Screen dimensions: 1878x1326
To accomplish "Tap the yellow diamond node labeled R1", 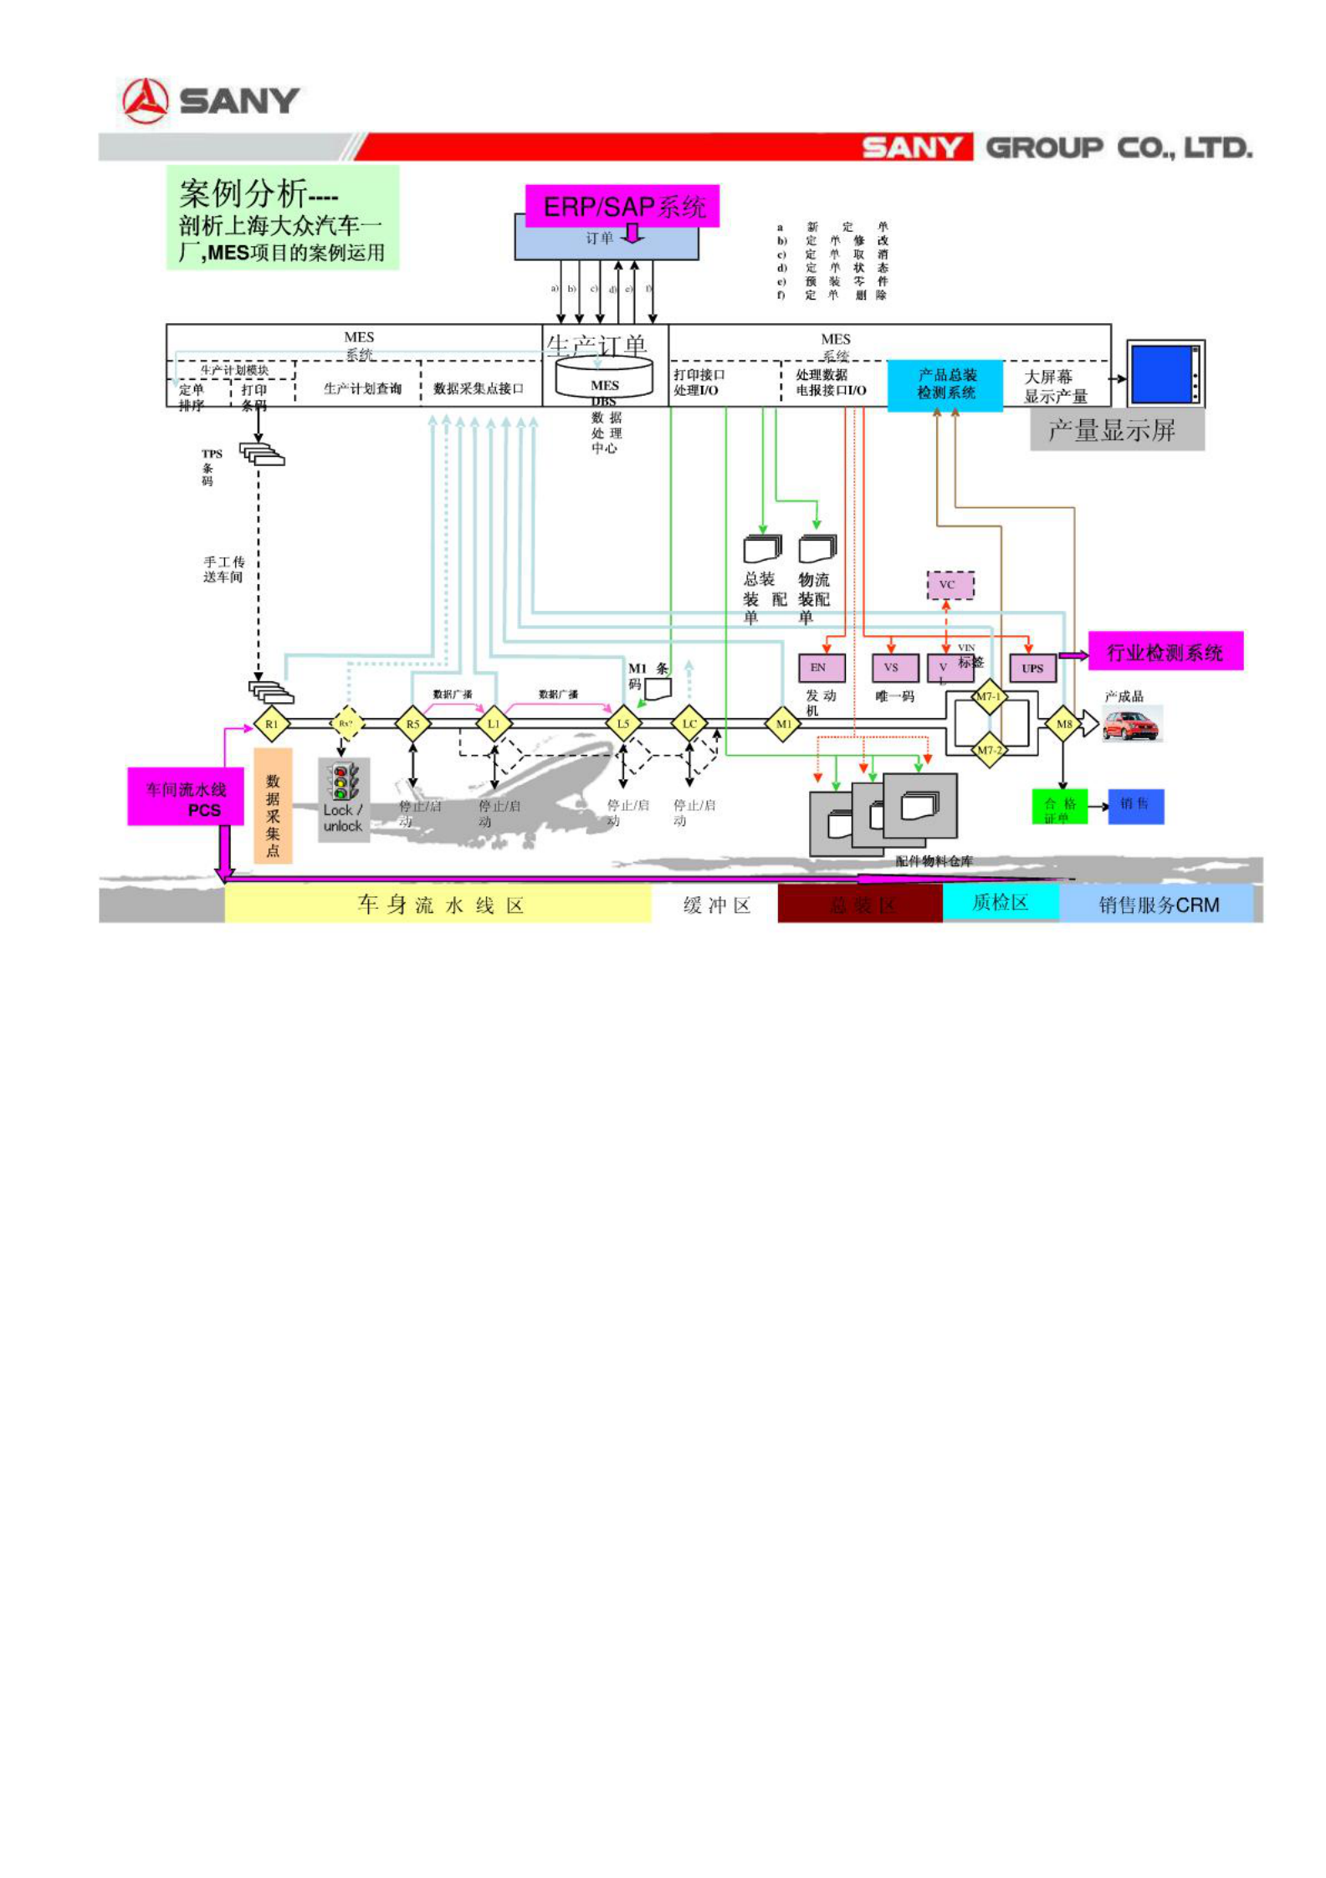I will pyautogui.click(x=271, y=724).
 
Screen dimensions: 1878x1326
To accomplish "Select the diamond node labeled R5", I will pyautogui.click(x=412, y=724).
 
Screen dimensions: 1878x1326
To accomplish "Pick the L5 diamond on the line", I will pyautogui.click(x=622, y=724).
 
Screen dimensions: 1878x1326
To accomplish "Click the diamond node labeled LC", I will pyautogui.click(x=689, y=724).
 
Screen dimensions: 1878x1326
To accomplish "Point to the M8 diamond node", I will pyautogui.click(x=1063, y=724).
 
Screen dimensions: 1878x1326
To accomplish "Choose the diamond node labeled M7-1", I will pyautogui.click(x=988, y=696).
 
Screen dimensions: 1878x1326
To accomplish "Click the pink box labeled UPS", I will pyautogui.click(x=1032, y=668).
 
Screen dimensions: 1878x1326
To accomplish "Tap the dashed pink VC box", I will pyautogui.click(x=950, y=584).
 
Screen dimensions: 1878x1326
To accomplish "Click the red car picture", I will pyautogui.click(x=1131, y=725).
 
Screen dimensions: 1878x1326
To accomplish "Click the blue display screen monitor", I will pyautogui.click(x=1165, y=374).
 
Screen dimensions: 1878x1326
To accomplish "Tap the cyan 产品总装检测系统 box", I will pyautogui.click(x=945, y=385).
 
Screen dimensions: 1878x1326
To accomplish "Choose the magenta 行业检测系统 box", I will pyautogui.click(x=1165, y=651).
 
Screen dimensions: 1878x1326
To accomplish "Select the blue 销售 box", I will pyautogui.click(x=1135, y=805).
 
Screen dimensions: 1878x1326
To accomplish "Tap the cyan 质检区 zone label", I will pyautogui.click(x=1000, y=902).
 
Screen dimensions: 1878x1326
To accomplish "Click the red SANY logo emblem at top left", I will pyautogui.click(x=146, y=101).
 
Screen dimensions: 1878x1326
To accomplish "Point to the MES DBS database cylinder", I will pyautogui.click(x=604, y=378).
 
